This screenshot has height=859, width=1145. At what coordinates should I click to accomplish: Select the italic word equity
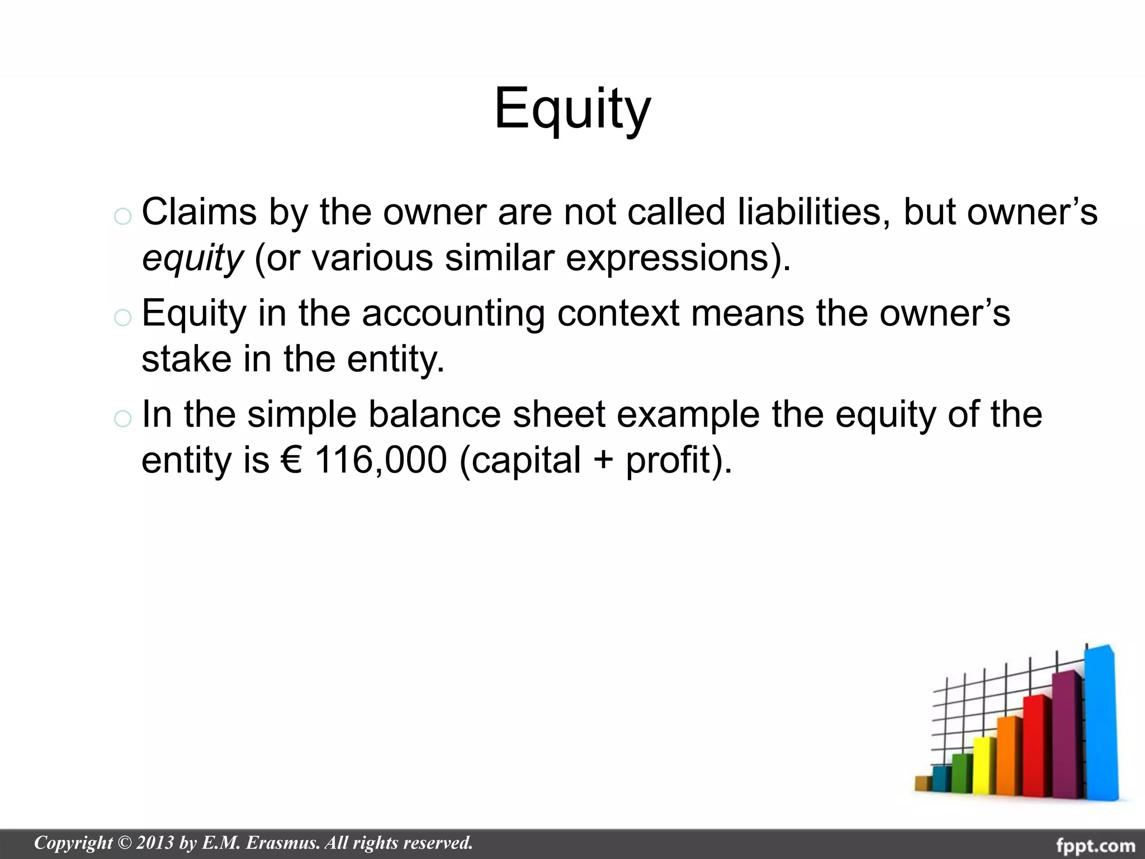click(x=192, y=258)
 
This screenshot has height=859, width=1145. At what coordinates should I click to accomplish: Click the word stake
click(x=186, y=358)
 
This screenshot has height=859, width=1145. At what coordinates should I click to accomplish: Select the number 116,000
click(x=381, y=460)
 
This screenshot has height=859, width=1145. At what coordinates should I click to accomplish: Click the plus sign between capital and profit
click(x=603, y=461)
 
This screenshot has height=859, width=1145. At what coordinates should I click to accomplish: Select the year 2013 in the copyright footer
click(x=155, y=843)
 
